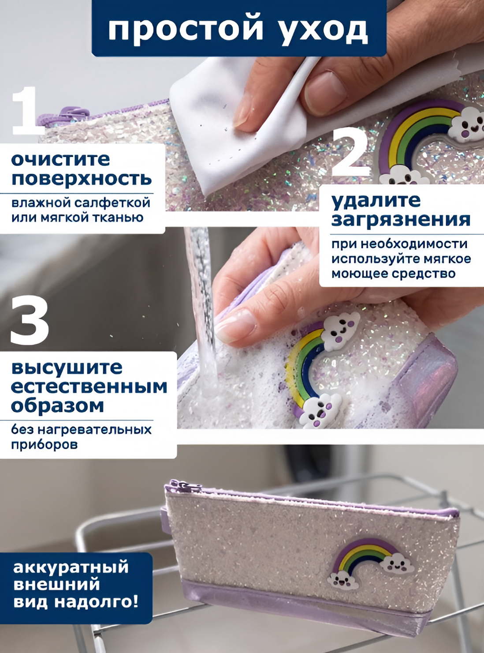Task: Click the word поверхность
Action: [x=82, y=179]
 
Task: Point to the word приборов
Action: [x=45, y=445]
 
